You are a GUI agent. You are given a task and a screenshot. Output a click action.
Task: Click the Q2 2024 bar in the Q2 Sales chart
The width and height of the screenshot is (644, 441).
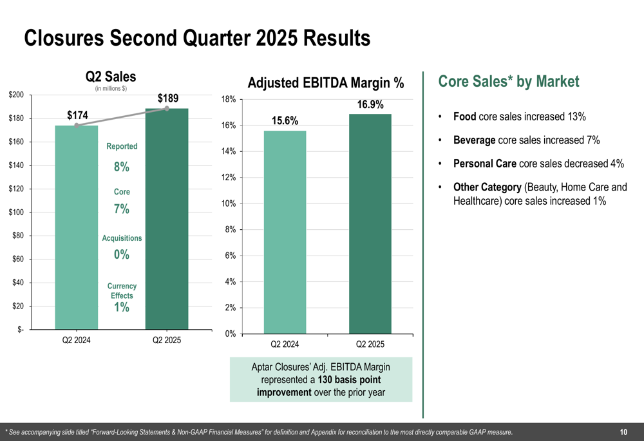point(76,225)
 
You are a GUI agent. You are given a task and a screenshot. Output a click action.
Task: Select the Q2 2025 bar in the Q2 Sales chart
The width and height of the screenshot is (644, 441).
point(167,219)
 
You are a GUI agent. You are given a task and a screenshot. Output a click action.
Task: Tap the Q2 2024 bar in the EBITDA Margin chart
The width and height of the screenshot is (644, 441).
point(285,232)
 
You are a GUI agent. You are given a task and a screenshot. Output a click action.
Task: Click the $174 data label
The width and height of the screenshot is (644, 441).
point(78,115)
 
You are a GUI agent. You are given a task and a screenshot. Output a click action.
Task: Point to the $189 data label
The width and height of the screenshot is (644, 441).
point(168,99)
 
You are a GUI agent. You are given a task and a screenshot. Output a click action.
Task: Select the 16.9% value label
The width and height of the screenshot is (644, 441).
point(370,104)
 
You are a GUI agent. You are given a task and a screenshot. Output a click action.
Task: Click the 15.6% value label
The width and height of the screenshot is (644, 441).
point(285,120)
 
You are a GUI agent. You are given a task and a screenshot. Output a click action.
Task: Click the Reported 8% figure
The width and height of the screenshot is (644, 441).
point(122,167)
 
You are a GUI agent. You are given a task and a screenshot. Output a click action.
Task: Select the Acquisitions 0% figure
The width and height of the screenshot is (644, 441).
point(122,255)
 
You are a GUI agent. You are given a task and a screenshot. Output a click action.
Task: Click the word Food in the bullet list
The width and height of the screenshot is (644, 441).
point(465,117)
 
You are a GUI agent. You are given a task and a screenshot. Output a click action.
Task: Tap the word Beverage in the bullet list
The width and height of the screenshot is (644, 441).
point(475,140)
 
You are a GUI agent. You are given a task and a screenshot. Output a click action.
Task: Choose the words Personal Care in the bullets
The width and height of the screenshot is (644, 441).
point(485,164)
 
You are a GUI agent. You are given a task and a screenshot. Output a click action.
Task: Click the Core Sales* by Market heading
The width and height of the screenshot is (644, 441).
point(509,82)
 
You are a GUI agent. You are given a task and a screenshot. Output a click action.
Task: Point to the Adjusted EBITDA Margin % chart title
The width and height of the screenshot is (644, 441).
point(326,83)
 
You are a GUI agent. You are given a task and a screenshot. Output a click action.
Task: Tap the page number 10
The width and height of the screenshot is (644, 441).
point(623,432)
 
